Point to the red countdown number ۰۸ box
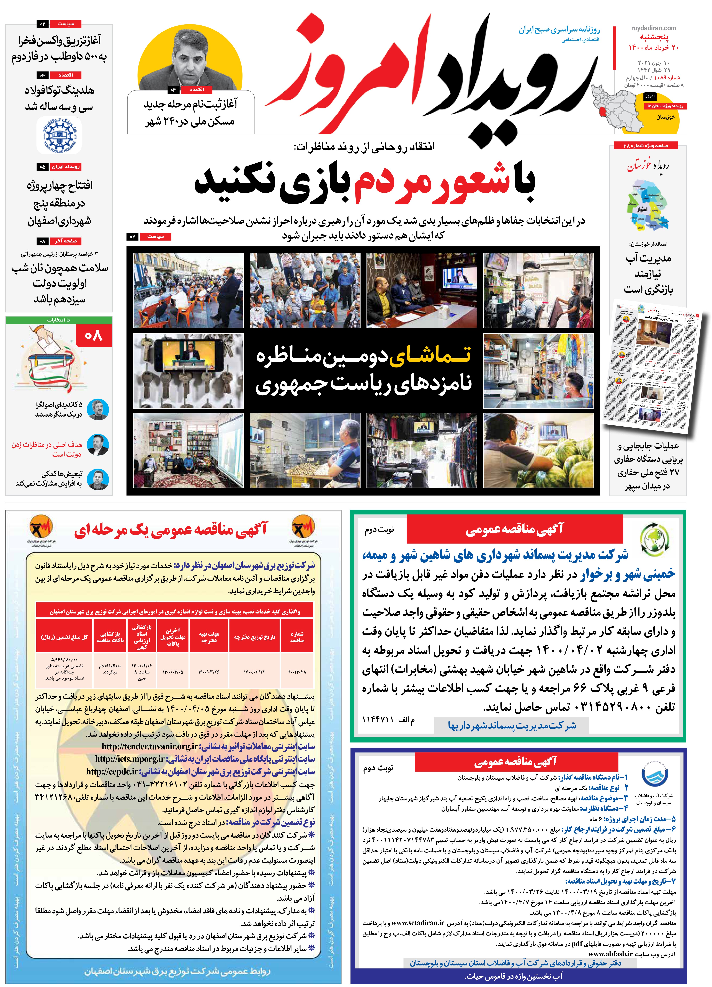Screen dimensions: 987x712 [x=94, y=336]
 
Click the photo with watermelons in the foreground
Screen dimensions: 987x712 [x=538, y=450]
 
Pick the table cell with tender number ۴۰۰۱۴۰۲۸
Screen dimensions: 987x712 [x=297, y=672]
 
